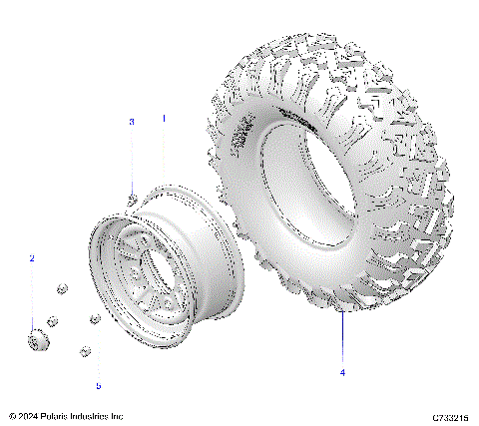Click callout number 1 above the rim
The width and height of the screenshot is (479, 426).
[164, 118]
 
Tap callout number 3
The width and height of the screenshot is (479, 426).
[130, 122]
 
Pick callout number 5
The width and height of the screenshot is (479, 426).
[98, 385]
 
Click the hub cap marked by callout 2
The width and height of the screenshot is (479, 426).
[38, 341]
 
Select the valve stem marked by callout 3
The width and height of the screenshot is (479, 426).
[132, 199]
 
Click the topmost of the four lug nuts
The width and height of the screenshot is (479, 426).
[60, 288]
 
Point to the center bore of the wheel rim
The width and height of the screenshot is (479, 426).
[136, 269]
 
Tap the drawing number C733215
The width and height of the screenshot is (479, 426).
[450, 415]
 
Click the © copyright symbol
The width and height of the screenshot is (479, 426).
[11, 415]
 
